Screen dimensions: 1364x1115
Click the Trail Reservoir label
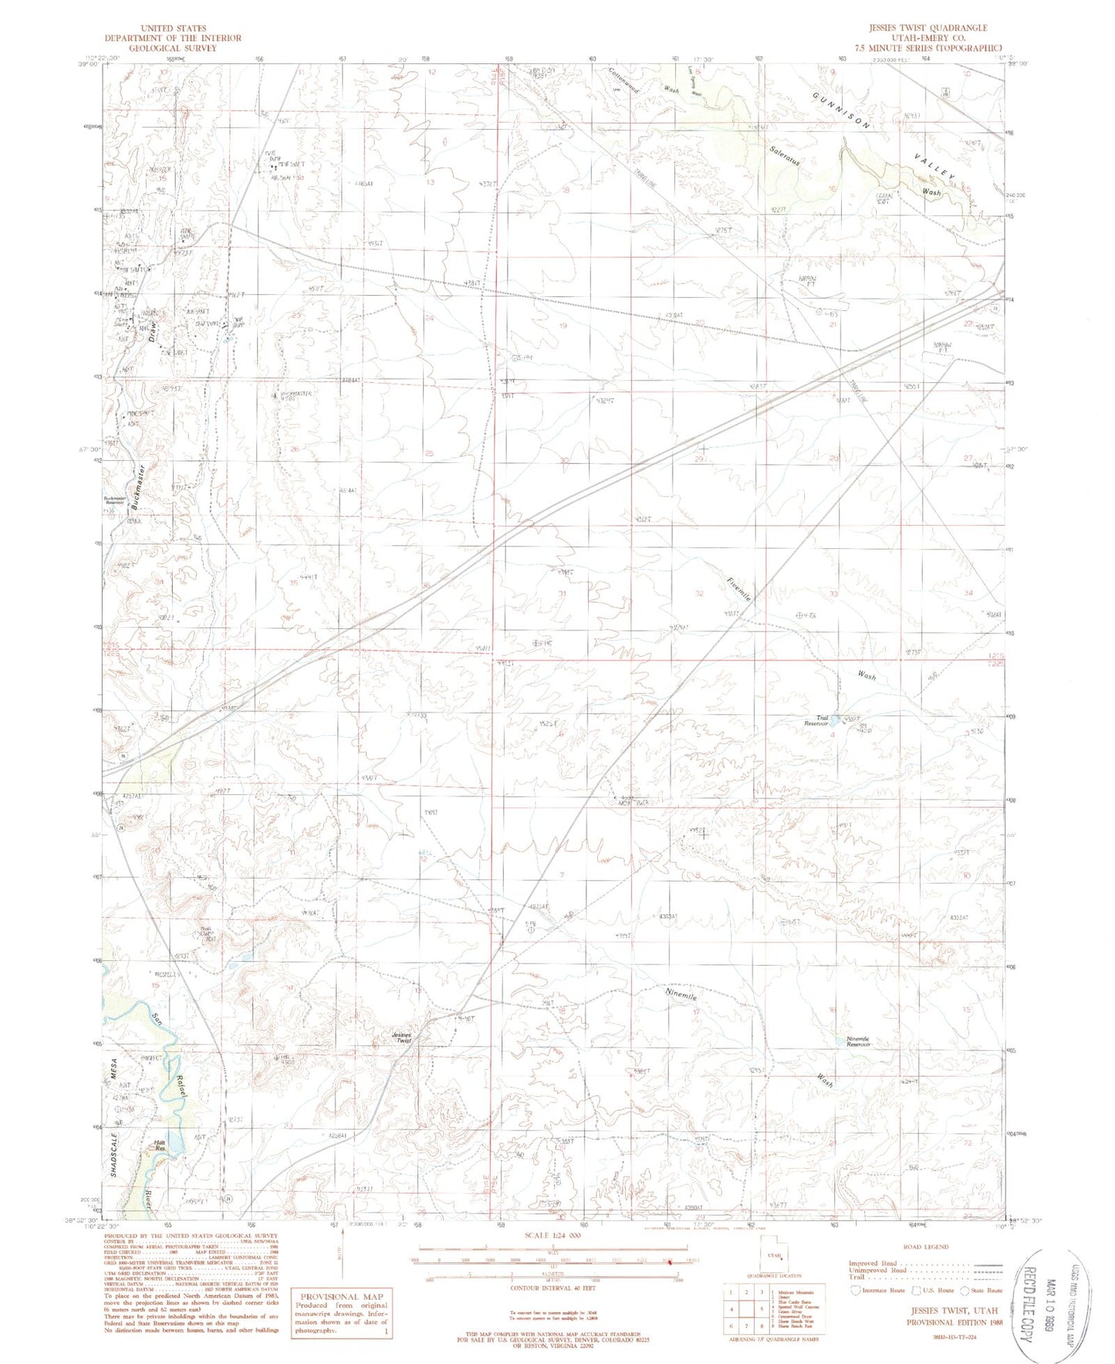[816, 721]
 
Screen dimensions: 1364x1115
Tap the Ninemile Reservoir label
[857, 1041]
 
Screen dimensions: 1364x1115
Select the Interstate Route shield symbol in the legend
[855, 1290]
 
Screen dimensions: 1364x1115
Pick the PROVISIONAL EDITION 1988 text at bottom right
[953, 1322]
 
